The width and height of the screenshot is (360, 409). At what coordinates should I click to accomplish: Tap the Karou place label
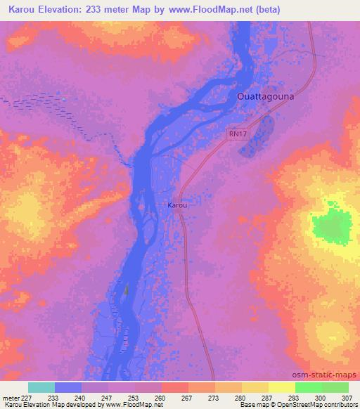pyautogui.click(x=177, y=205)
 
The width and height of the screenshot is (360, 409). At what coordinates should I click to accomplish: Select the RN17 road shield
pyautogui.click(x=237, y=132)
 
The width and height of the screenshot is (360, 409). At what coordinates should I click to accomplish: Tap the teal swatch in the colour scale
pyautogui.click(x=41, y=387)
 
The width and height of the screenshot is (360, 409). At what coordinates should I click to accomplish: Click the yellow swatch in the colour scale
pyautogui.click(x=281, y=387)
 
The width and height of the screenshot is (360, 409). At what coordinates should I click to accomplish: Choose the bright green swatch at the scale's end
pyautogui.click(x=335, y=387)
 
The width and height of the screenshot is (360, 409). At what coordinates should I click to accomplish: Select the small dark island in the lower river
pyautogui.click(x=127, y=289)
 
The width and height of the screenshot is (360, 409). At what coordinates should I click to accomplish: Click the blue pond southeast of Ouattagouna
pyautogui.click(x=257, y=137)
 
